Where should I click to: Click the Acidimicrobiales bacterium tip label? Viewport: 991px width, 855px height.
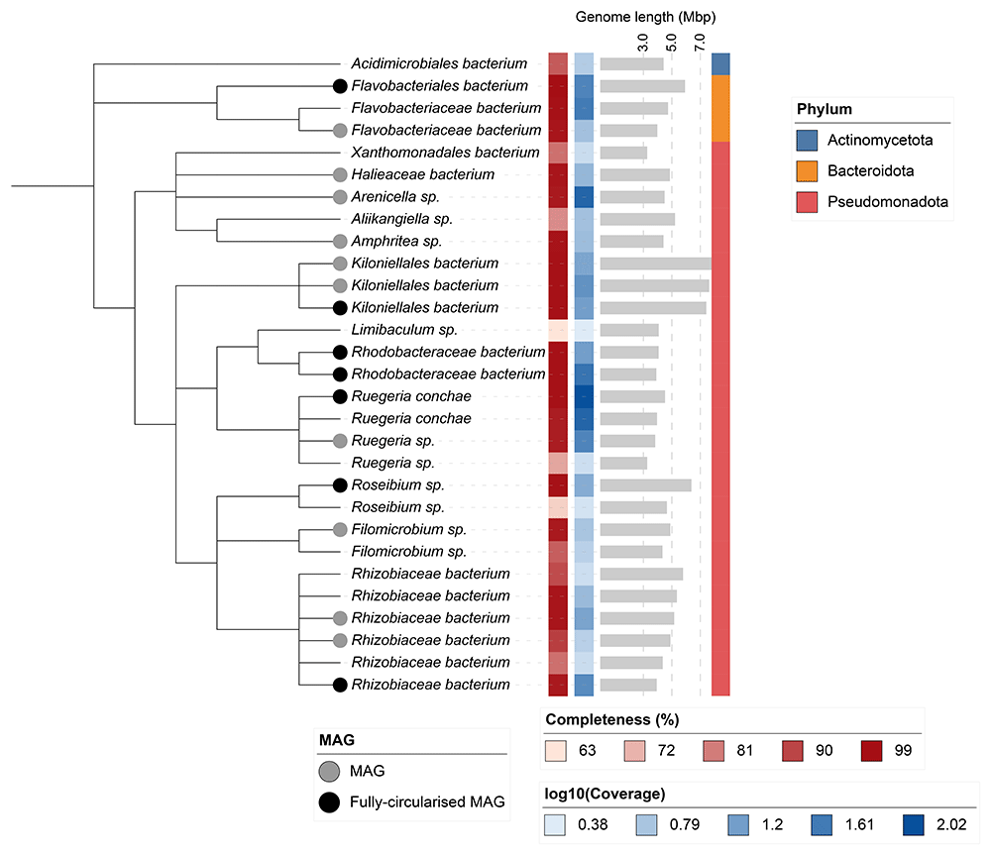tap(445, 64)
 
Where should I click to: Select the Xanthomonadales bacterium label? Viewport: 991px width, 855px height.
tap(445, 153)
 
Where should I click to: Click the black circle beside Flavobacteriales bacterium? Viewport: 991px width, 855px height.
tap(340, 86)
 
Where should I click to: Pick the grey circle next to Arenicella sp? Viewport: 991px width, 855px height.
tap(340, 197)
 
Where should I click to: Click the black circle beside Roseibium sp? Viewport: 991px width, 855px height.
tap(340, 485)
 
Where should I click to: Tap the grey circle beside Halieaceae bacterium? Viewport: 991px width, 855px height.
tap(340, 174)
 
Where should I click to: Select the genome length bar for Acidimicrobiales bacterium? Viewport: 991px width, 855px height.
tap(631, 64)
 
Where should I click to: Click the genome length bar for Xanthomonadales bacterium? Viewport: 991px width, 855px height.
tap(623, 153)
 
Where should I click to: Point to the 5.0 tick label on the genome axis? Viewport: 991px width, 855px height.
tap(672, 44)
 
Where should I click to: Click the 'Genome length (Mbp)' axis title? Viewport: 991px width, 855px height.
tap(645, 17)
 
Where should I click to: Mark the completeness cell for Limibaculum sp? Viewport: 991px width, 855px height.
tap(557, 330)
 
